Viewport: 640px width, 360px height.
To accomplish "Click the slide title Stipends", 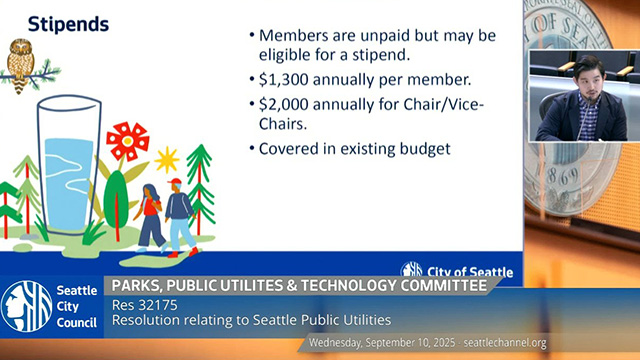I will tap(68, 23).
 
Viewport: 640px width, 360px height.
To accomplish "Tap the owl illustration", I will tap(22, 64).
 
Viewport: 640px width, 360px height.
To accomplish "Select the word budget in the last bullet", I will tap(425, 149).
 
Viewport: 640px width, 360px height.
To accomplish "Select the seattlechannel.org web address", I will tap(505, 342).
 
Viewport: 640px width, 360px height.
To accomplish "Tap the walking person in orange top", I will tap(150, 215).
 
